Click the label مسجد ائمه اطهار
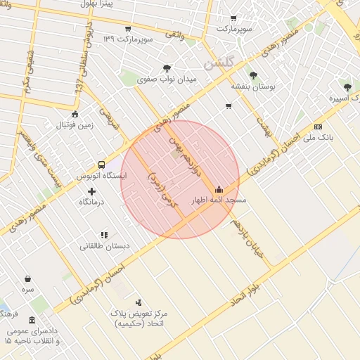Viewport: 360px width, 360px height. click(x=219, y=200)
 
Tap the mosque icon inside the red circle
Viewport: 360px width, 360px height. click(x=219, y=189)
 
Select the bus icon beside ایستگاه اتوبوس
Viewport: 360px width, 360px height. click(x=102, y=165)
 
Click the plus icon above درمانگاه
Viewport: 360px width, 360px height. click(x=92, y=191)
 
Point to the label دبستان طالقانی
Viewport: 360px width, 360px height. click(x=104, y=246)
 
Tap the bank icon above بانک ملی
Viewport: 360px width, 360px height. click(x=319, y=127)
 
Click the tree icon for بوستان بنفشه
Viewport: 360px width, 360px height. click(x=252, y=75)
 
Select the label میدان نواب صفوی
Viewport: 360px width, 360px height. click(x=166, y=79)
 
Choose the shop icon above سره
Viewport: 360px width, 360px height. click(x=27, y=278)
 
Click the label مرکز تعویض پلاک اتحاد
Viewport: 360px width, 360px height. click(x=138, y=317)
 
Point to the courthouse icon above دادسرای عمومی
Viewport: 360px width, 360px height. click(x=32, y=320)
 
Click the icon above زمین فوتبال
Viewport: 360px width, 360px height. click(x=75, y=115)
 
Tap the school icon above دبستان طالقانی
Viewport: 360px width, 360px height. click(x=104, y=235)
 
